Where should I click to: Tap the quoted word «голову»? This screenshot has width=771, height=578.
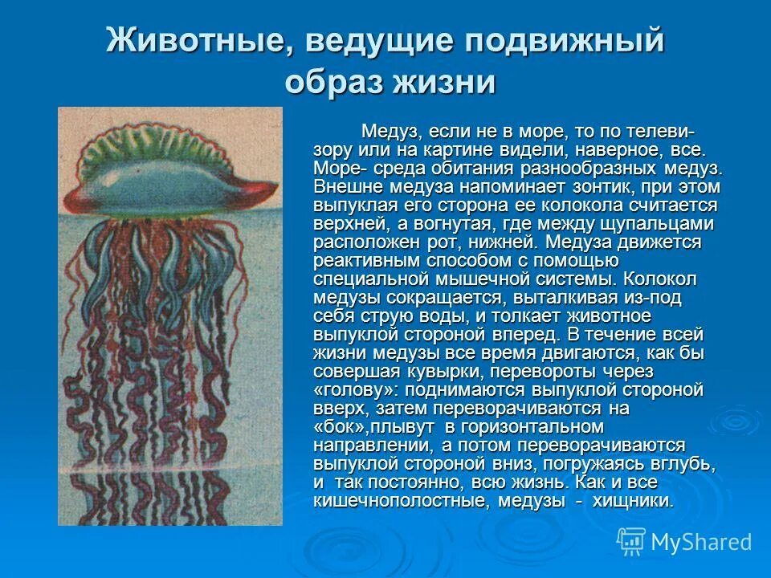[x=356, y=390]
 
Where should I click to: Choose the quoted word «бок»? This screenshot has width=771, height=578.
[x=341, y=427]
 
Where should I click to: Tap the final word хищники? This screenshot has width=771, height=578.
[x=633, y=501]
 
